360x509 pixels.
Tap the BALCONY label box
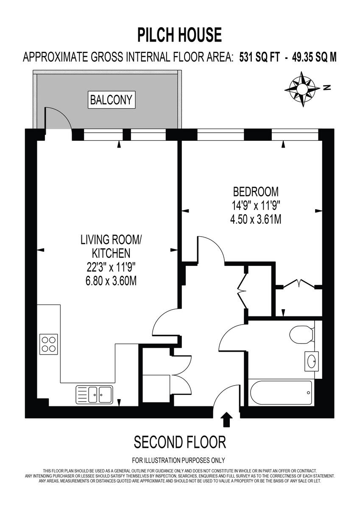coord(111,100)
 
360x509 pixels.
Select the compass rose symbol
coord(303,88)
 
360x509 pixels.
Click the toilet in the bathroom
coord(301,335)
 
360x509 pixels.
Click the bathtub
coord(281,393)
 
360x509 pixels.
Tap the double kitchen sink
coord(94,394)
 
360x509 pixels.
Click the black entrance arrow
coord(227,420)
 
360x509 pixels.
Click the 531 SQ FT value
coord(260,57)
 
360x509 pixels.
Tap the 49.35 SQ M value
coord(313,57)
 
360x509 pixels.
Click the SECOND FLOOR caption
coord(180,442)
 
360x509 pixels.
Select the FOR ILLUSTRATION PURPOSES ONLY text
coord(179,460)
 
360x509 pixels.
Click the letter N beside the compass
coord(326,88)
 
